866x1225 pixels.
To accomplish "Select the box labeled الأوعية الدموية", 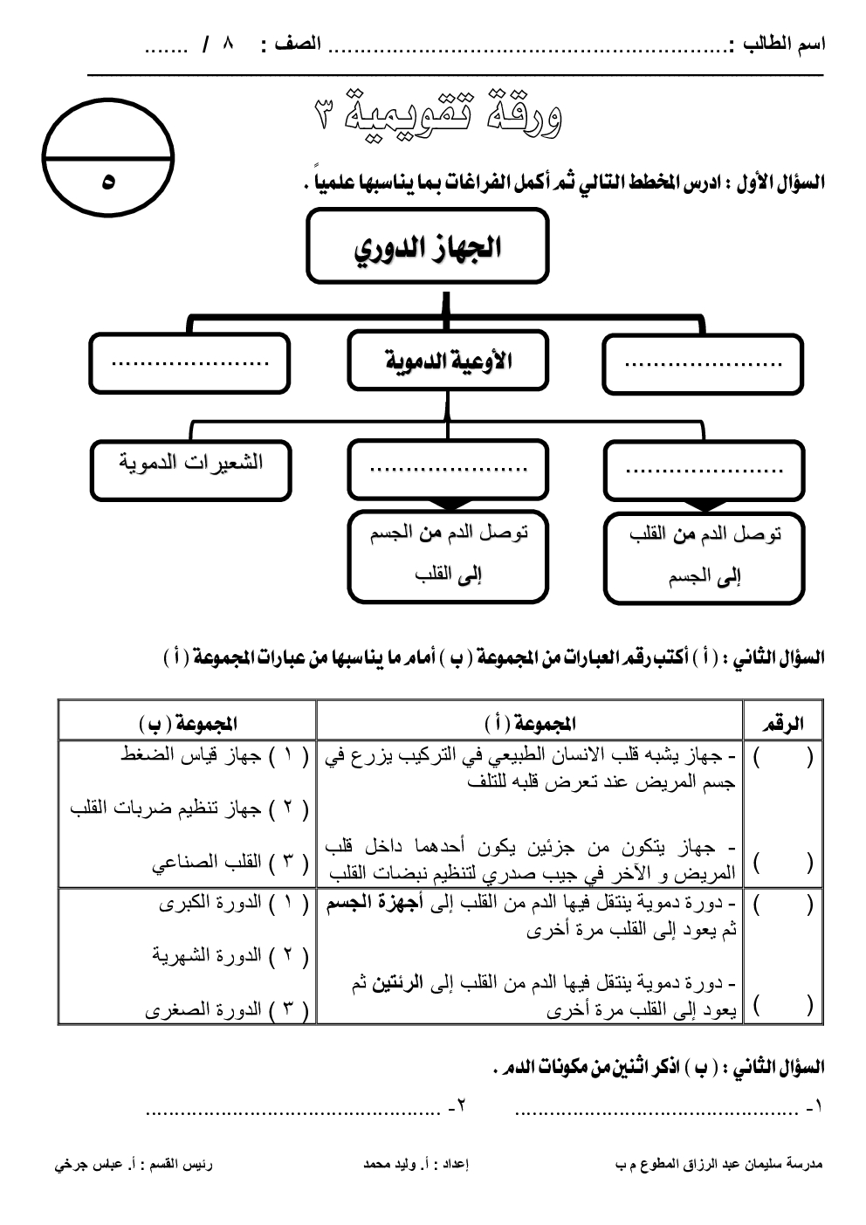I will click(447, 361).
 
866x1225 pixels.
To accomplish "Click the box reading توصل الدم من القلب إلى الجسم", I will click(704, 555).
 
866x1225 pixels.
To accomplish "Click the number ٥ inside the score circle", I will click(107, 182).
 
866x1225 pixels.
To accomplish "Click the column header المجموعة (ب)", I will click(188, 723).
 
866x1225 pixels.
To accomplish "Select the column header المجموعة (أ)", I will click(530, 723).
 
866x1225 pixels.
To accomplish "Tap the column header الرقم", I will click(783, 723).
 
